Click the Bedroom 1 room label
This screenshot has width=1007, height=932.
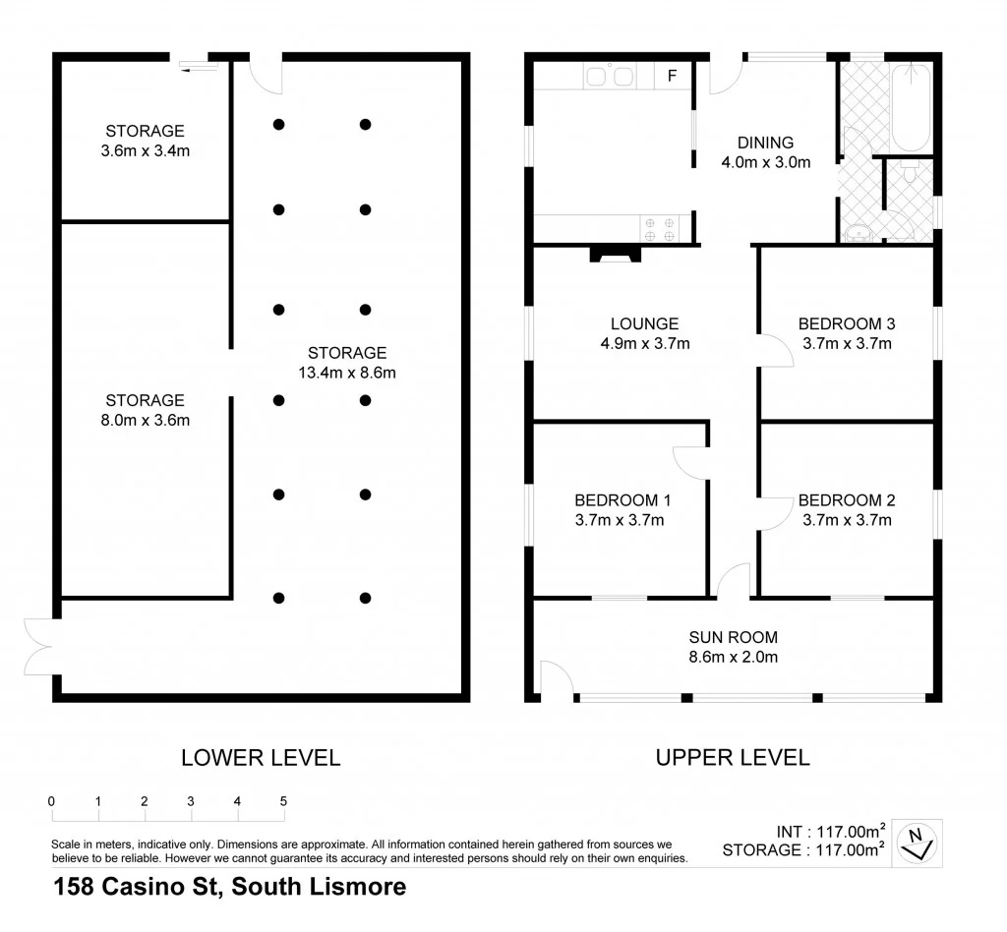point(619,499)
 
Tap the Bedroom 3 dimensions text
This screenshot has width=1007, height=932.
point(847,343)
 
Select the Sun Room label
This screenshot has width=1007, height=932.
point(733,637)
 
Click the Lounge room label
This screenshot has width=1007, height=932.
point(644,323)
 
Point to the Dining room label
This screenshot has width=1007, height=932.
point(765,143)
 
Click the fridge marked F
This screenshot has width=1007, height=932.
point(673,76)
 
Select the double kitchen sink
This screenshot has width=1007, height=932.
point(610,76)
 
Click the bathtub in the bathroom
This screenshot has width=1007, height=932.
point(911,106)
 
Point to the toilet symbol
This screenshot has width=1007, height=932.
point(911,174)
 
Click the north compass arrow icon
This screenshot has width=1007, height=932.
point(919,842)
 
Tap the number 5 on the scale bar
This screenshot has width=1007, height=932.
point(283,801)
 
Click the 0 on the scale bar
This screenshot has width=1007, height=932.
point(51,801)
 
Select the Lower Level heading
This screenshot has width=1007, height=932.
point(261,757)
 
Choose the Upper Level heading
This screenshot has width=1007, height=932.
point(733,757)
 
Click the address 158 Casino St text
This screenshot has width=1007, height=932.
point(228,887)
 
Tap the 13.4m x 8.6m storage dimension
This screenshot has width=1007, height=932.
point(346,373)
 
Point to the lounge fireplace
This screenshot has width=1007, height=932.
point(615,255)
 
